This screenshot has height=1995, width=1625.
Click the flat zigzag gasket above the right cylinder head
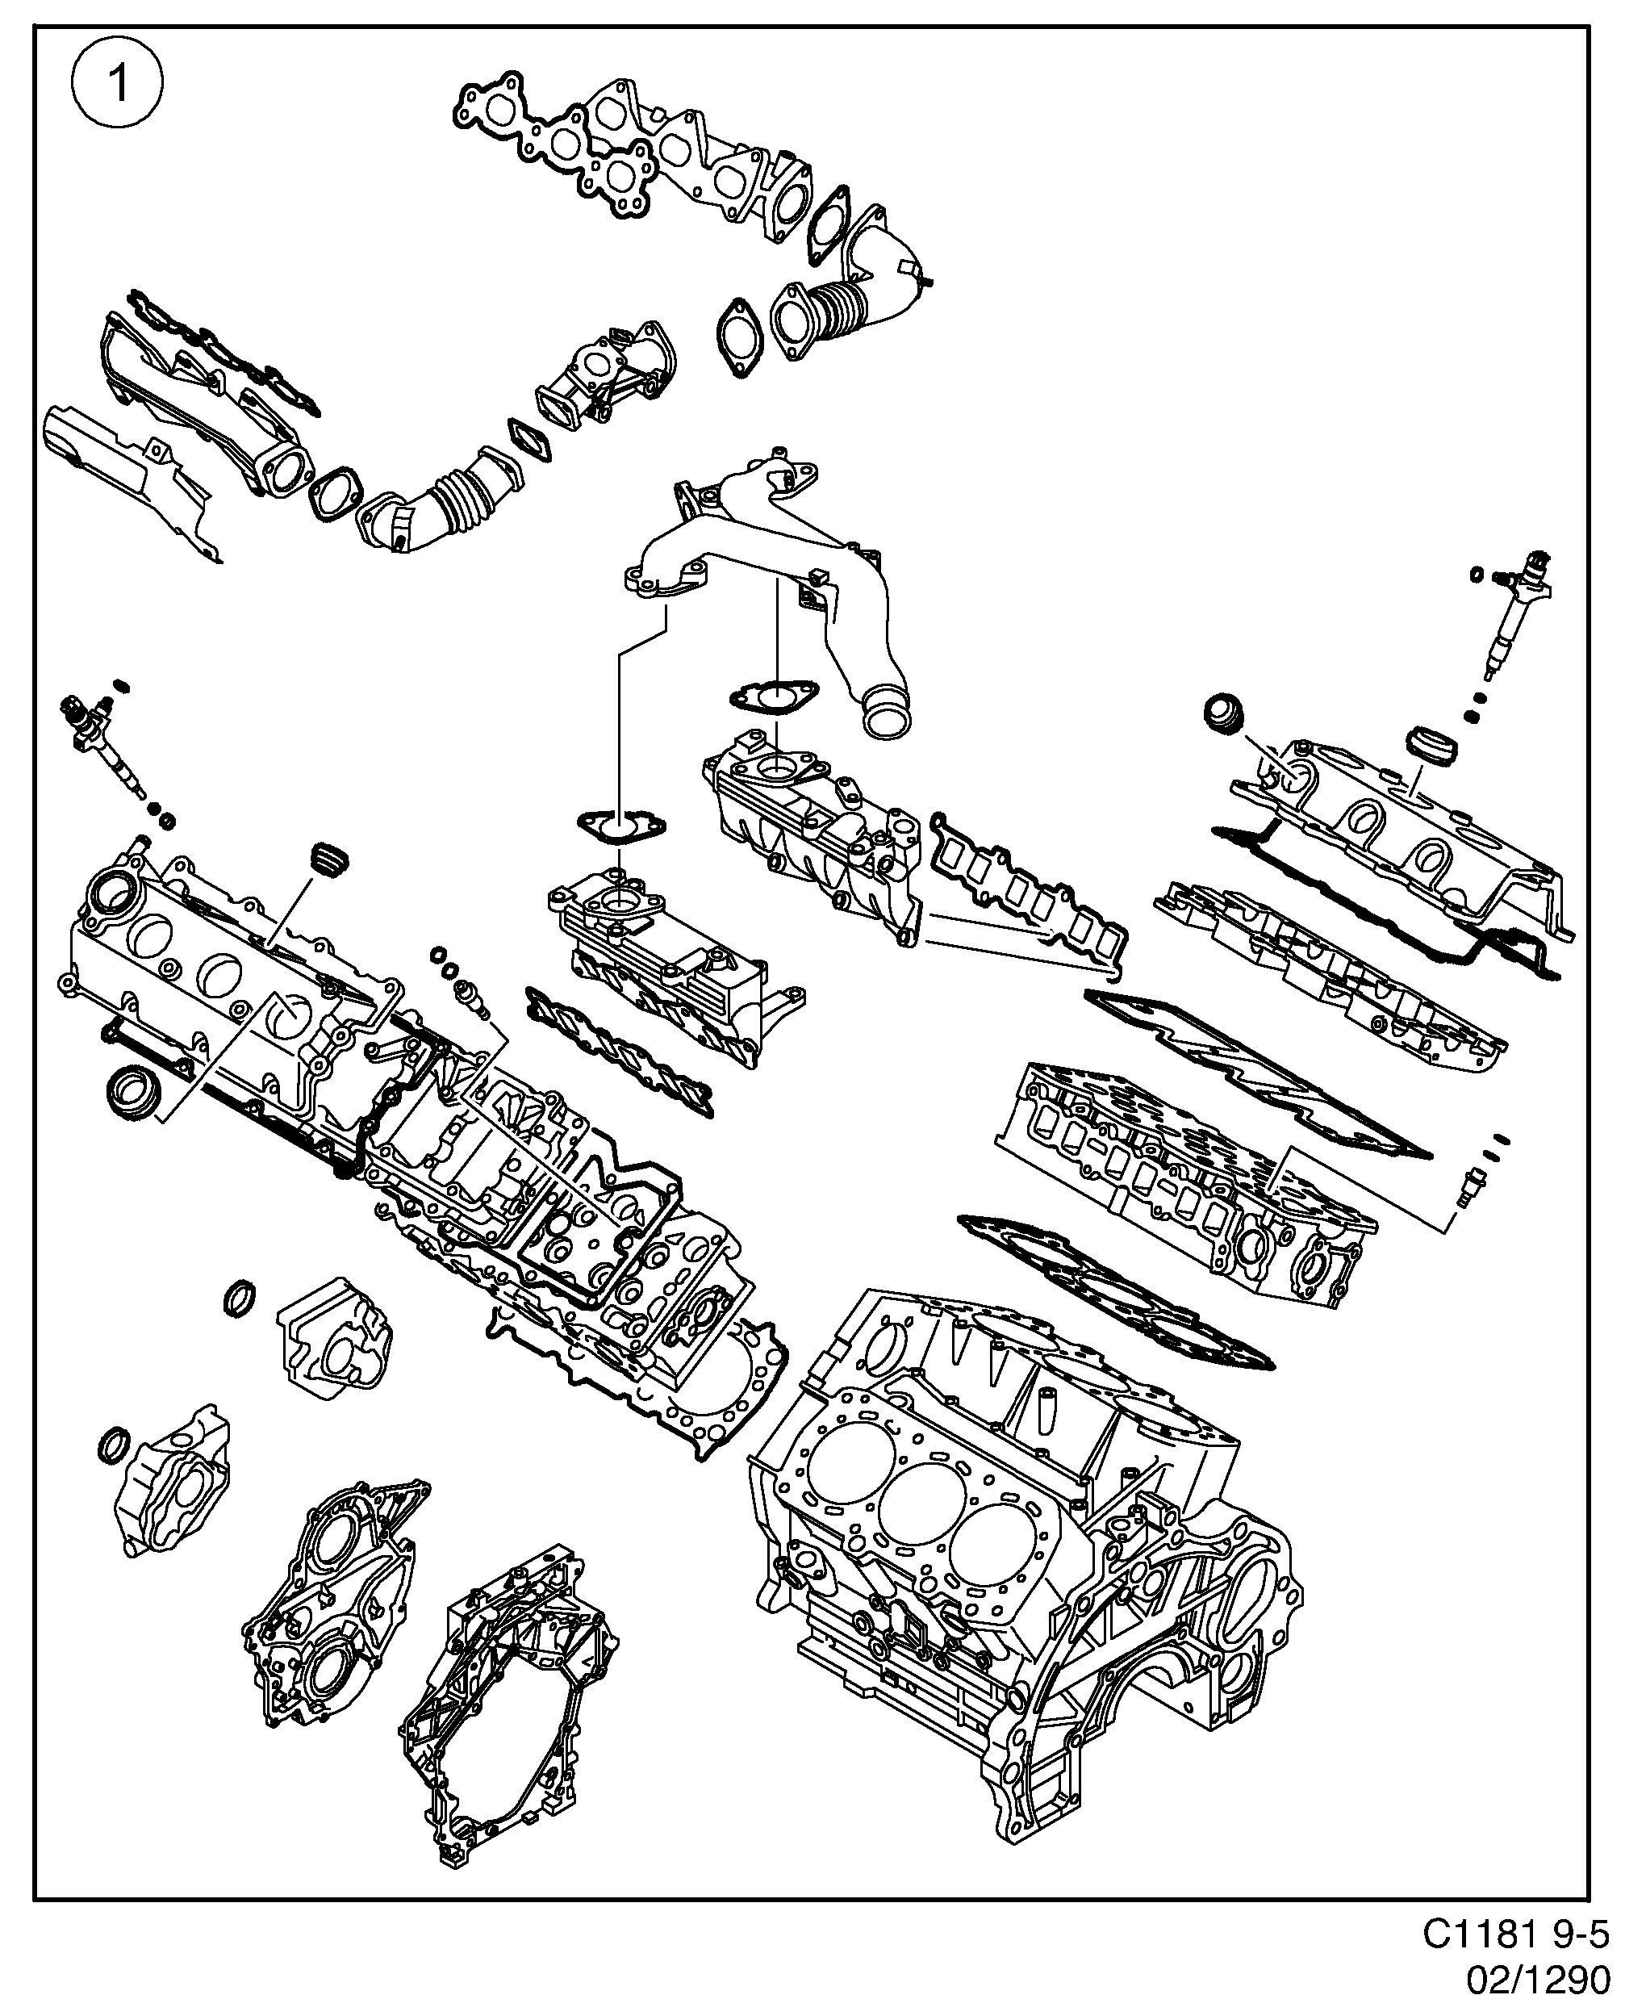point(1255,1072)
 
